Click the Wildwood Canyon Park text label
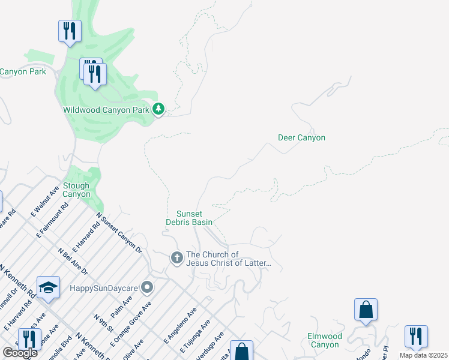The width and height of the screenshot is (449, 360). (106, 110)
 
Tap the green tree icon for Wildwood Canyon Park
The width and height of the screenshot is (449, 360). (158, 109)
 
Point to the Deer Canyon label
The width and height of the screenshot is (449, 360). (301, 137)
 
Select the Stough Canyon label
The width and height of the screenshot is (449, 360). (76, 190)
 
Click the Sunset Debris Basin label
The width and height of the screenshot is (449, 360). (189, 218)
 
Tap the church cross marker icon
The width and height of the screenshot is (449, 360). (176, 258)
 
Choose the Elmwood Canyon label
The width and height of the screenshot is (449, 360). (324, 340)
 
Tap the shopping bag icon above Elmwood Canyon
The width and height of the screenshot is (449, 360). (366, 310)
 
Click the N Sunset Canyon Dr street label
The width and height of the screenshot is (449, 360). (118, 233)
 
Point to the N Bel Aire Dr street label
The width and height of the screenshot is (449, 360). (73, 262)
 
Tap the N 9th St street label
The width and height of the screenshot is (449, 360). (103, 323)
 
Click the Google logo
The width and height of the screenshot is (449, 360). (20, 353)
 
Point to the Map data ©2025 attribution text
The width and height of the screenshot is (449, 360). (423, 355)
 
